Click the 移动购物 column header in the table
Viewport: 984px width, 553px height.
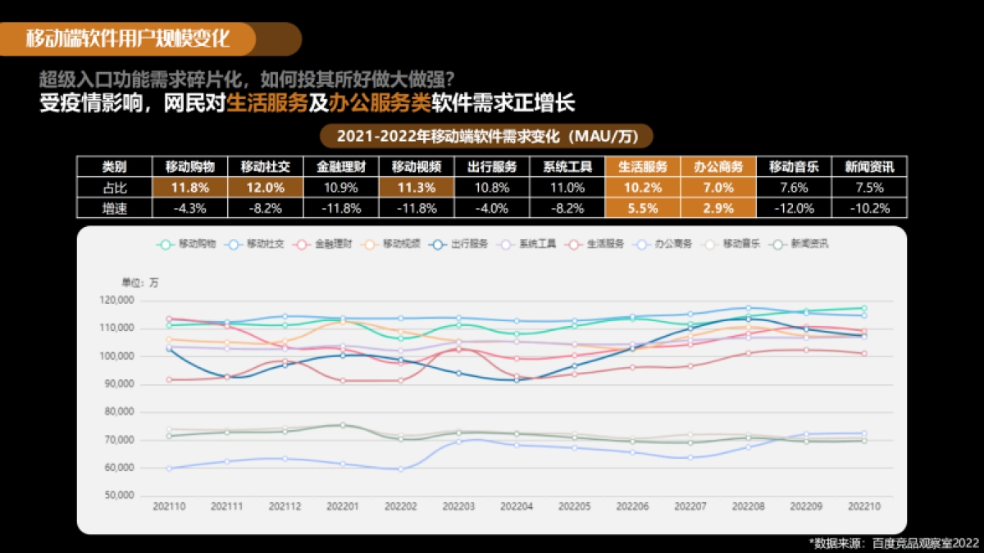tap(190, 166)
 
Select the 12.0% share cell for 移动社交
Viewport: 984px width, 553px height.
tap(265, 188)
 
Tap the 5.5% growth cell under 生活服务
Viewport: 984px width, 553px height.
tap(643, 208)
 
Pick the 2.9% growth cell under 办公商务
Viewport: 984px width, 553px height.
tap(718, 208)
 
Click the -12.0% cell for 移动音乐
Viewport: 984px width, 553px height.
tap(794, 208)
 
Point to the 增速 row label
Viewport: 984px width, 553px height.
tap(114, 208)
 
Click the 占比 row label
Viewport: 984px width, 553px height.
tap(114, 188)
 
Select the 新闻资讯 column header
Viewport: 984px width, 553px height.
tap(869, 166)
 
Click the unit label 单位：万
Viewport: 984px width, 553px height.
tap(140, 283)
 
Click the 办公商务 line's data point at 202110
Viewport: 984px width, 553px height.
tap(170, 469)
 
